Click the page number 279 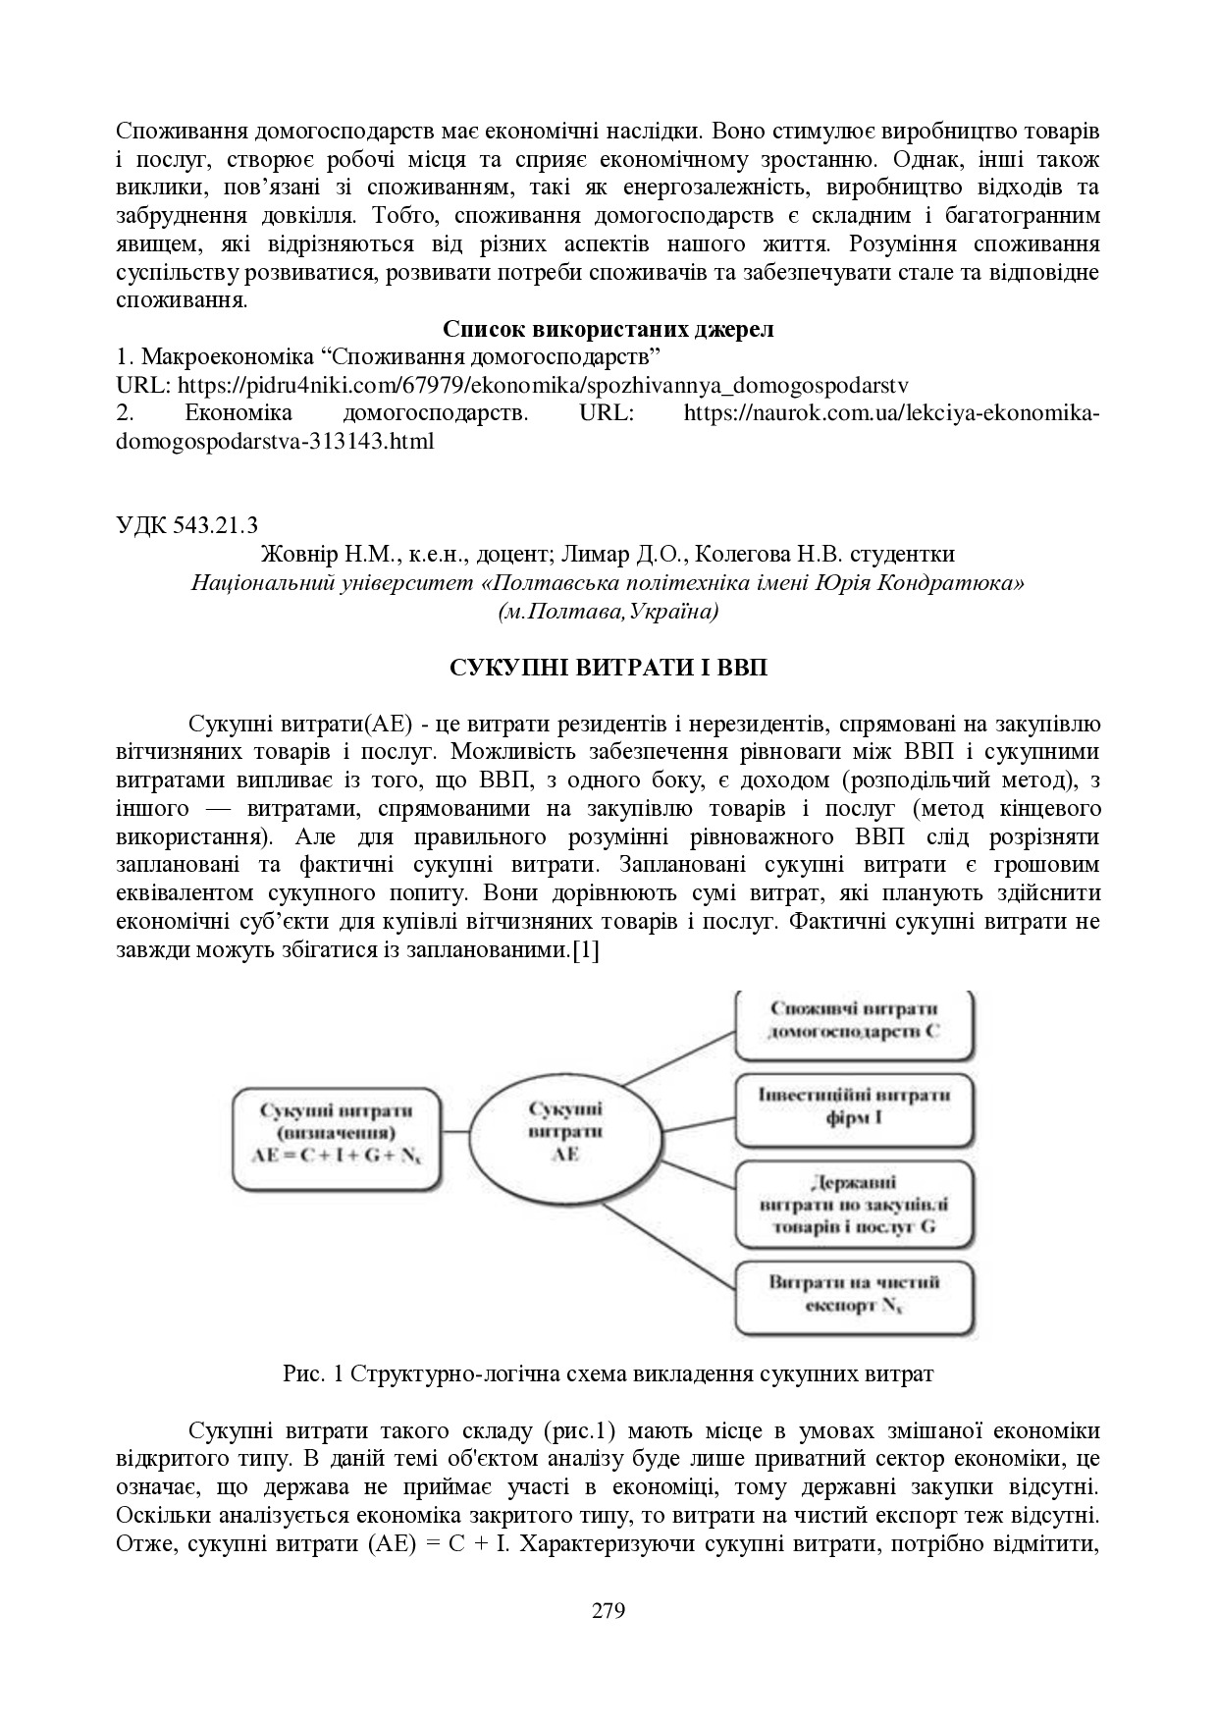(x=608, y=1611)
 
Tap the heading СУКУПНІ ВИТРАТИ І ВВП (x=608, y=669)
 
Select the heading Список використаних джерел (x=608, y=329)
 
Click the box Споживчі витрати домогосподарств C (x=855, y=1021)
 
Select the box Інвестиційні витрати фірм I (x=855, y=1105)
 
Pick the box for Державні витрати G (x=855, y=1206)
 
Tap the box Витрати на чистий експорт (x=855, y=1294)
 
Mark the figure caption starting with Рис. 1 (x=608, y=1373)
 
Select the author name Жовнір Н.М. (x=329, y=555)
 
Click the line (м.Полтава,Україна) (x=608, y=612)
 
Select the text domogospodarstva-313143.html (x=275, y=442)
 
